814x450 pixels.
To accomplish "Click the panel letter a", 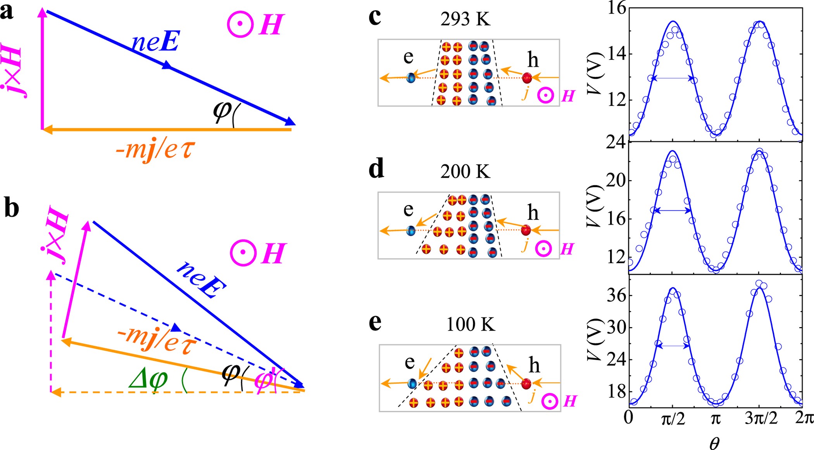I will (7, 12).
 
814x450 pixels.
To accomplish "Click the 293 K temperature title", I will (465, 19).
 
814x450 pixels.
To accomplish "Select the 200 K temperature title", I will (465, 171).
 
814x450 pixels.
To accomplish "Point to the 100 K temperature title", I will (470, 324).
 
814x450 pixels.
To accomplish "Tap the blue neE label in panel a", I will (155, 42).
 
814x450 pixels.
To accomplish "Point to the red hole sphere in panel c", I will (527, 78).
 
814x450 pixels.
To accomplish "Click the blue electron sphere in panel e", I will (412, 383).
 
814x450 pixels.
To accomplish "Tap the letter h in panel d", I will (533, 213).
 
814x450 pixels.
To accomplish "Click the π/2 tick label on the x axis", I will (673, 419).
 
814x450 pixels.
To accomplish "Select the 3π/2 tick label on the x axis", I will (761, 419).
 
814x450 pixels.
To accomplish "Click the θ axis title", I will (714, 442).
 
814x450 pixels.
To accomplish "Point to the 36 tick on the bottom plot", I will (616, 295).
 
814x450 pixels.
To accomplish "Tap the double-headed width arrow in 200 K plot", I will (673, 211).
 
